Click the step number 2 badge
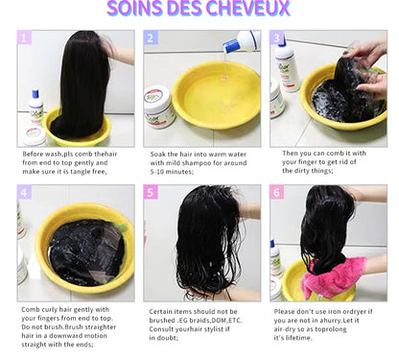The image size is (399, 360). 151,38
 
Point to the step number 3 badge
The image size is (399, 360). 277,38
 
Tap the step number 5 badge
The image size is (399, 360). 151,192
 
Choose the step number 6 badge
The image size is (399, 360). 277,192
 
